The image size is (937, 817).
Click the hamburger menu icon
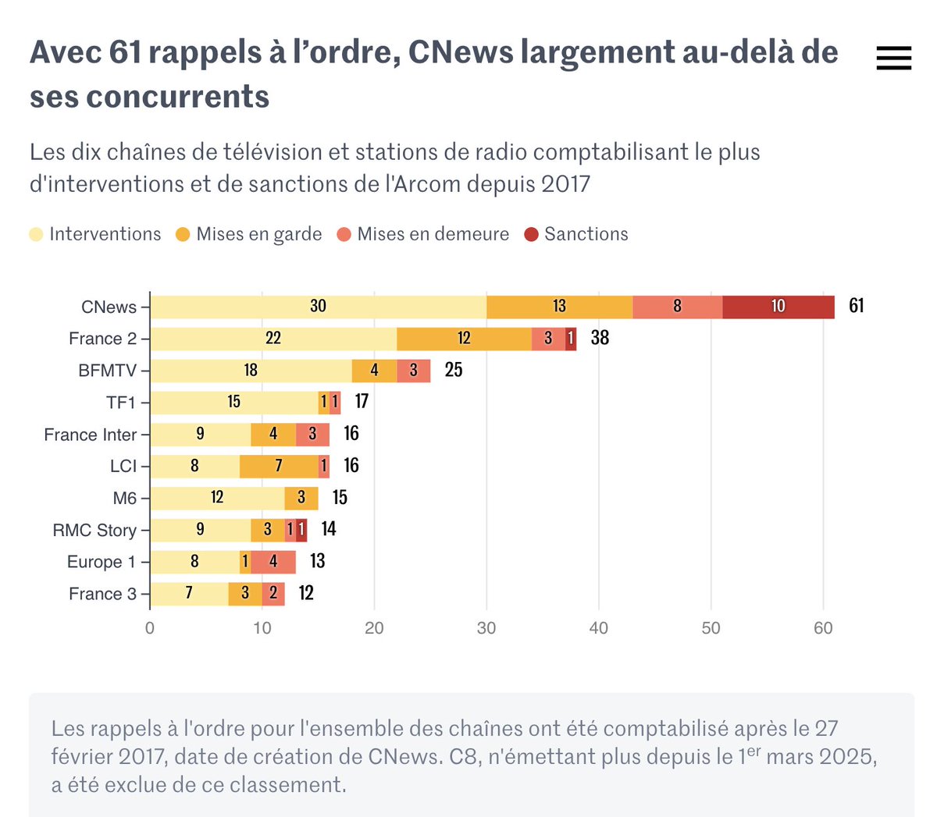pyautogui.click(x=893, y=58)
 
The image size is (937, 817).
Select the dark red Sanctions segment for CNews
pyautogui.click(x=778, y=307)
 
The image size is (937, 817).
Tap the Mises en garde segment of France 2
pyautogui.click(x=464, y=339)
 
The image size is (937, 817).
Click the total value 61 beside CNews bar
pyautogui.click(x=857, y=306)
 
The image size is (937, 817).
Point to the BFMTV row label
pyautogui.click(x=107, y=371)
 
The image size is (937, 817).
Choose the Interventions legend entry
pyautogui.click(x=94, y=234)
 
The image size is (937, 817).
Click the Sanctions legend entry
pyautogui.click(x=576, y=234)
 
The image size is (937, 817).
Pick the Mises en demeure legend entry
pyautogui.click(x=422, y=234)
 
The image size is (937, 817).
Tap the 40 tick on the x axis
pyautogui.click(x=599, y=628)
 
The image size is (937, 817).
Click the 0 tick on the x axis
pyautogui.click(x=150, y=628)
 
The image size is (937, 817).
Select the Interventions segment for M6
pyautogui.click(x=218, y=498)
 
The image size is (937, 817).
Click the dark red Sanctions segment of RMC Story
pyautogui.click(x=301, y=530)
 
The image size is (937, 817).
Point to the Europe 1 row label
pyautogui.click(x=102, y=562)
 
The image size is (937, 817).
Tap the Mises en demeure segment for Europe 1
pyautogui.click(x=273, y=562)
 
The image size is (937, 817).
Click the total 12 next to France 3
pyautogui.click(x=306, y=593)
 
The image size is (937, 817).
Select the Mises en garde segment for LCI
pyautogui.click(x=279, y=467)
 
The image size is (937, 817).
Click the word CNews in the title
pyautogui.click(x=461, y=52)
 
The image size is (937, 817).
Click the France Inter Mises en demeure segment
pyautogui.click(x=313, y=435)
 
